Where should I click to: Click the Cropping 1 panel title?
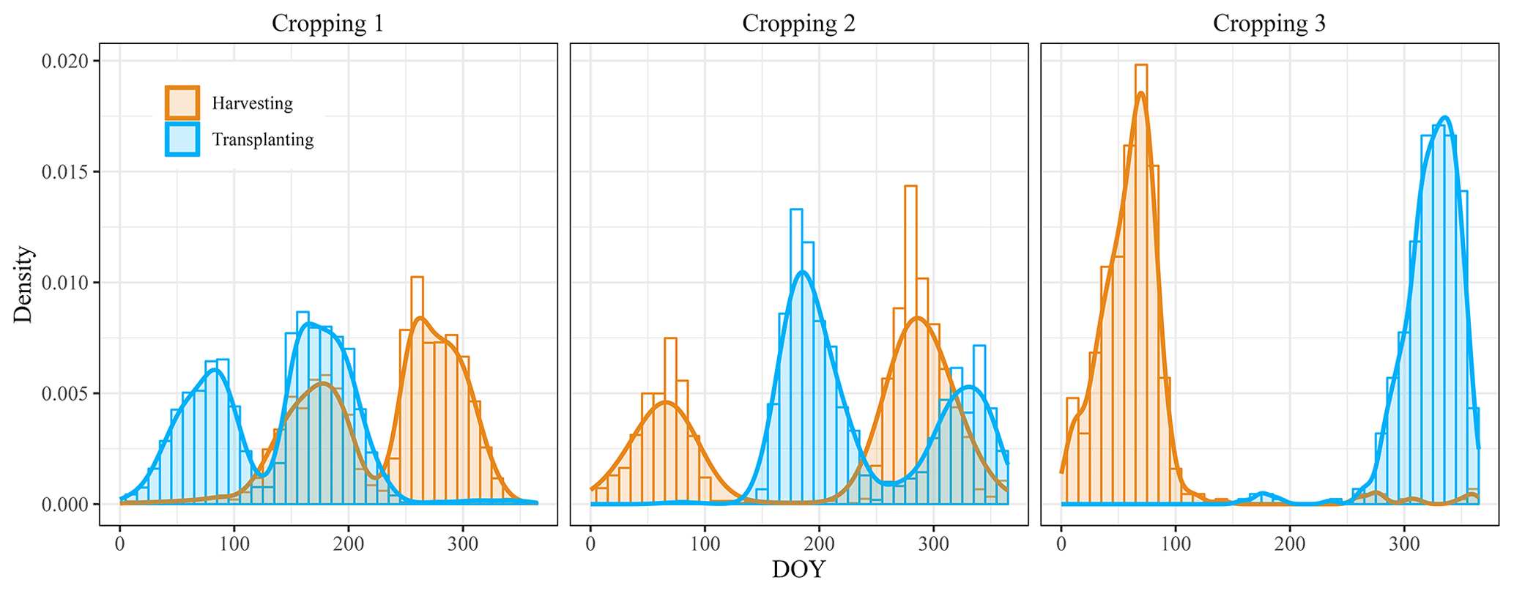point(327,23)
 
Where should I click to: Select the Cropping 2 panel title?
point(798,23)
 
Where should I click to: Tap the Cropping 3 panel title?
point(1269,23)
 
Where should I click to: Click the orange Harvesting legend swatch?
point(182,103)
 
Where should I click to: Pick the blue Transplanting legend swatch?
point(182,139)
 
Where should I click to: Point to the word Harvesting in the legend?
point(252,103)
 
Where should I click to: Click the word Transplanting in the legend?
point(262,139)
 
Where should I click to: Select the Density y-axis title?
point(23,284)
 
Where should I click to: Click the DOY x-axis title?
point(798,570)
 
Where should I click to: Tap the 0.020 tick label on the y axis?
point(65,62)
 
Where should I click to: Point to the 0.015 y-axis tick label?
point(65,172)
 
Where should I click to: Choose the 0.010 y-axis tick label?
point(65,283)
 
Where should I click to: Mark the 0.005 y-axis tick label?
point(65,394)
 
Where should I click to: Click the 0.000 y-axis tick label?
point(65,505)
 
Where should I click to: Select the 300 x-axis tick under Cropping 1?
point(462,544)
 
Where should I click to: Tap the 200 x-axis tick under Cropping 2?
point(819,544)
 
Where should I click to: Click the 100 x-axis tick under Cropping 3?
point(1176,544)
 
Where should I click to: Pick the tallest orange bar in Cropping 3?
point(1141,286)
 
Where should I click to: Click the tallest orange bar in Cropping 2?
point(910,344)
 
